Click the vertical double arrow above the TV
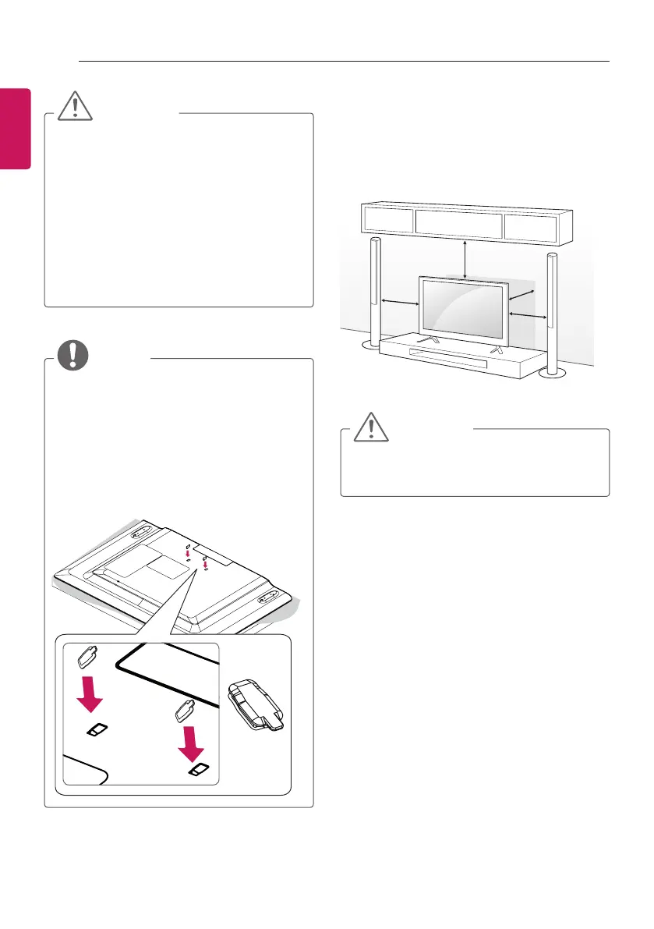(x=465, y=258)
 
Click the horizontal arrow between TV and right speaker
(x=526, y=314)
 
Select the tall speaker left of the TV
(x=375, y=293)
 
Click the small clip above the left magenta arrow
(x=87, y=656)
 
